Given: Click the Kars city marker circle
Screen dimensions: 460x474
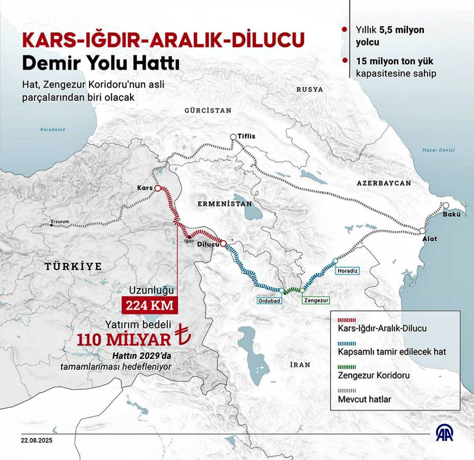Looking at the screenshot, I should (x=157, y=188).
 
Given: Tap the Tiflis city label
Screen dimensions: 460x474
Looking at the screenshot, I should (x=247, y=136).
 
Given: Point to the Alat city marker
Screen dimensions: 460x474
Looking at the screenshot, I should (x=423, y=231).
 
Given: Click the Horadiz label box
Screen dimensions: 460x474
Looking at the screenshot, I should (x=348, y=270).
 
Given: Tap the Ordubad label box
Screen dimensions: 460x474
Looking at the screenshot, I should (x=269, y=300).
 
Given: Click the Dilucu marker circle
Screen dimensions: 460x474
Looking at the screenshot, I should (x=223, y=243).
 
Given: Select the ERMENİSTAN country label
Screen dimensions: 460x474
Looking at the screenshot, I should (x=225, y=204).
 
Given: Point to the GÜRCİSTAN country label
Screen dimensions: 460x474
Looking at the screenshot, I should (x=208, y=111).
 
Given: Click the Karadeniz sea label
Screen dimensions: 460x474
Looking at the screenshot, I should (x=53, y=130).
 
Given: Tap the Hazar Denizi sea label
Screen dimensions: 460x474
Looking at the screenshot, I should (x=438, y=150).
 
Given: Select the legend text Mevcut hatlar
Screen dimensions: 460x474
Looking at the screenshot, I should (x=364, y=399).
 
